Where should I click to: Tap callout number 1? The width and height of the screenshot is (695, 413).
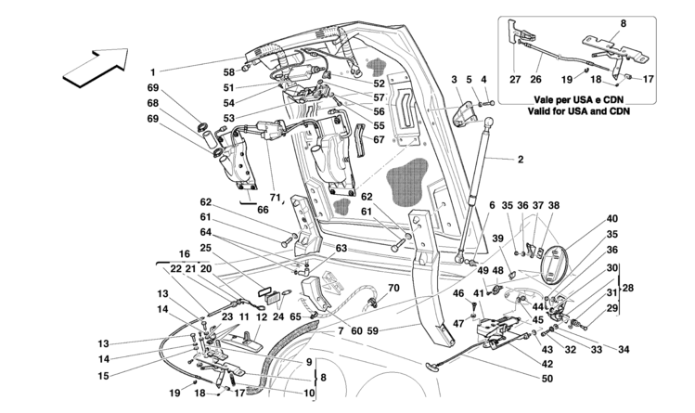pyautogui.click(x=153, y=71)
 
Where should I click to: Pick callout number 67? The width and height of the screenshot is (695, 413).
pyautogui.click(x=378, y=140)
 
